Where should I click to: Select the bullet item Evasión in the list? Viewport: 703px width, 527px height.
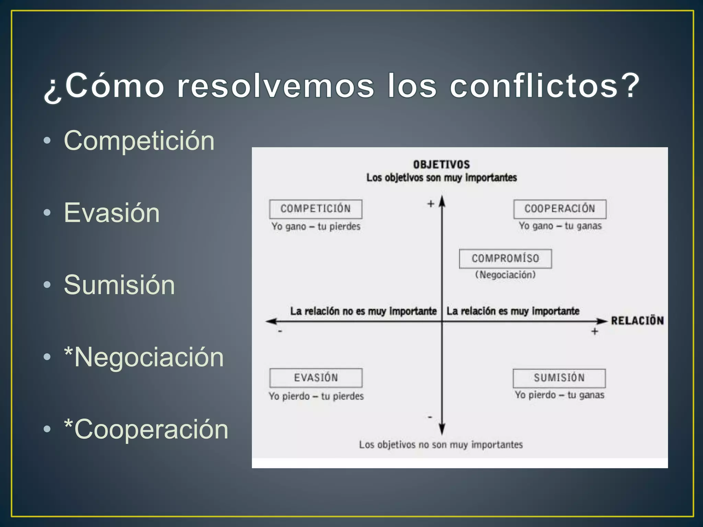(112, 213)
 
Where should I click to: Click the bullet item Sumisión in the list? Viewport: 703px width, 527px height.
(119, 285)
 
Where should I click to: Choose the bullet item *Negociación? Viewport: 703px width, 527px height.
(144, 357)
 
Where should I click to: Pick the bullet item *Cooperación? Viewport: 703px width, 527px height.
(146, 429)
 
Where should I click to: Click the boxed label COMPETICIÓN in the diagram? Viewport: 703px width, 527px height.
(315, 209)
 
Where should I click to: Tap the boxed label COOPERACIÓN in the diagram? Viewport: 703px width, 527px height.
(560, 209)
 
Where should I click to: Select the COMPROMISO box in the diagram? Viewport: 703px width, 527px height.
(505, 258)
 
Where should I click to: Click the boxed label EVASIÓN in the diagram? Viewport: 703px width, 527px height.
(316, 377)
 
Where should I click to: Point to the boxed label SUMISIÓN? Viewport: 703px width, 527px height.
(559, 378)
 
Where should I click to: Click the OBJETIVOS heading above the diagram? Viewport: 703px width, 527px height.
(441, 165)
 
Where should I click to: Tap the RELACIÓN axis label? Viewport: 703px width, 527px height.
(637, 321)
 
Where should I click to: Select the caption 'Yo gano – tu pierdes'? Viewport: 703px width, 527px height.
(316, 226)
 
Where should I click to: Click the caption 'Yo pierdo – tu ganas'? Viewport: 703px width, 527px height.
(560, 395)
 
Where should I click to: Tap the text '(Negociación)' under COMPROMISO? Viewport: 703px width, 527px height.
(505, 275)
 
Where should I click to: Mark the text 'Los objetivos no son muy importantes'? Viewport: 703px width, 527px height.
(441, 445)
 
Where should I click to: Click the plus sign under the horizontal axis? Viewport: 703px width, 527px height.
(595, 331)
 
